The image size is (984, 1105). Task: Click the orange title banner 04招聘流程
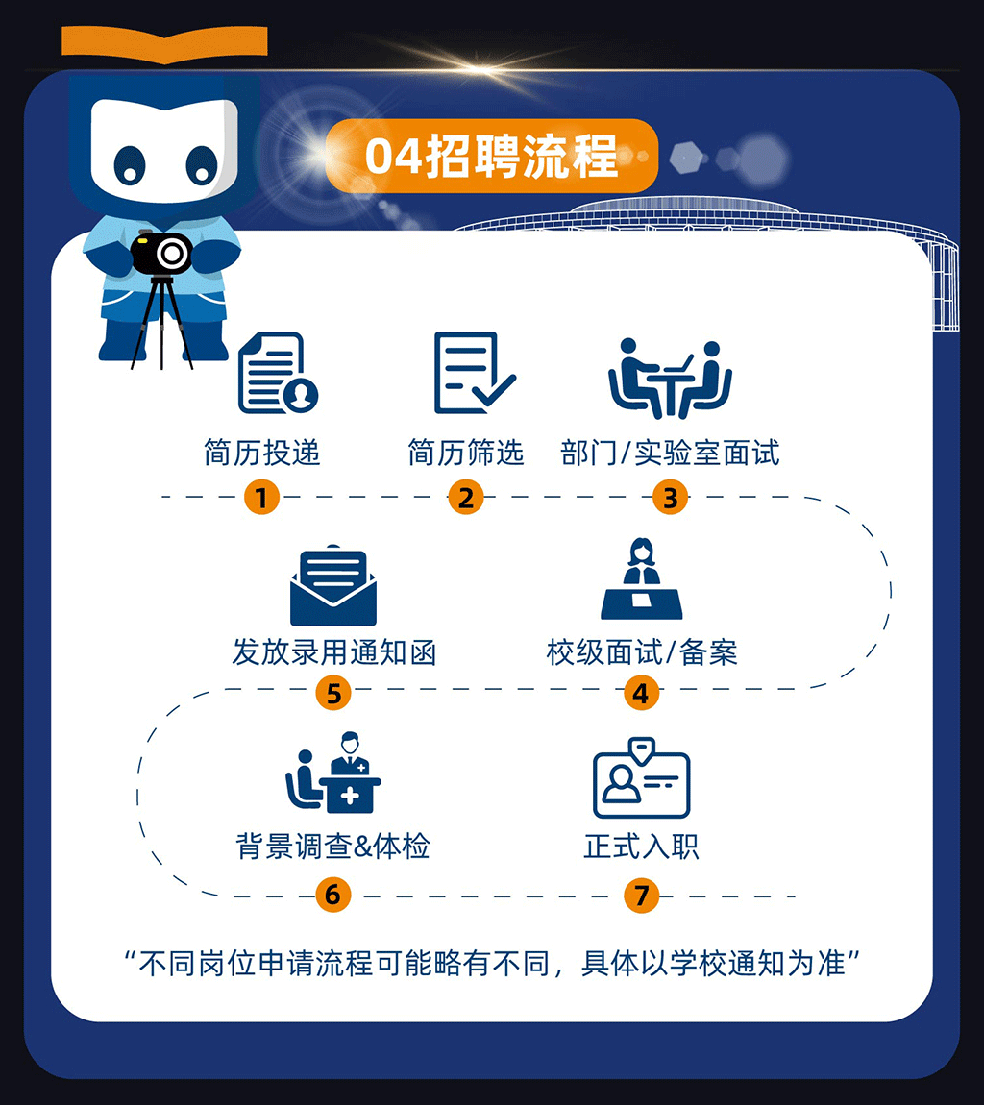491,156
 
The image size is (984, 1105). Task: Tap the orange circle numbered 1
261,498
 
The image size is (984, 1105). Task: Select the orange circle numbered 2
466,498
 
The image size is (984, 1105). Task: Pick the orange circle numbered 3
671,498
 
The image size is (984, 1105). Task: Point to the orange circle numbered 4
641,693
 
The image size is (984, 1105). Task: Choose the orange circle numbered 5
333,693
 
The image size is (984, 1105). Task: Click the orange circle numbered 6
332,896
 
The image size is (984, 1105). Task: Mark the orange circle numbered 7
641,896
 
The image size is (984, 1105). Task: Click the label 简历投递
261,453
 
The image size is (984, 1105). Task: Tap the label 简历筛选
466,453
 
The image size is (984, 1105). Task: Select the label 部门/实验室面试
670,453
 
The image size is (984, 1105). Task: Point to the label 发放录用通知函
333,652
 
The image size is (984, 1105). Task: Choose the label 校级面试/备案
641,652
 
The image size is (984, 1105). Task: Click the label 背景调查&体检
332,847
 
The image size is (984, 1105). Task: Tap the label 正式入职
641,847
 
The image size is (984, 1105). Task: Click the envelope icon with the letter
333,586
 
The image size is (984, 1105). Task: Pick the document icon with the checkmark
471,373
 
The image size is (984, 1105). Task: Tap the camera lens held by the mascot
172,254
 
